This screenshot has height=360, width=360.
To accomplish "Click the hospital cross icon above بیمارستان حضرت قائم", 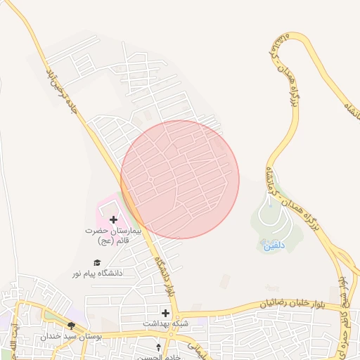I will (114, 220).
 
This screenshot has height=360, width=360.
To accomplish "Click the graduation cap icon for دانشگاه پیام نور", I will (96, 263).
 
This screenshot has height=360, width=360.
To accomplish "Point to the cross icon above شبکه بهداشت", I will (165, 312).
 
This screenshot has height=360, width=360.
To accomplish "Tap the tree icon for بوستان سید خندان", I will (71, 326).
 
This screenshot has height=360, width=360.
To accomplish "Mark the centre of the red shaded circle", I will (180, 179).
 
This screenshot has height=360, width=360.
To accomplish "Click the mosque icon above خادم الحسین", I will (158, 347).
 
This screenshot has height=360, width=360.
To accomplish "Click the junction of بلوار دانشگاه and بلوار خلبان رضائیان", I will (176, 314).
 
